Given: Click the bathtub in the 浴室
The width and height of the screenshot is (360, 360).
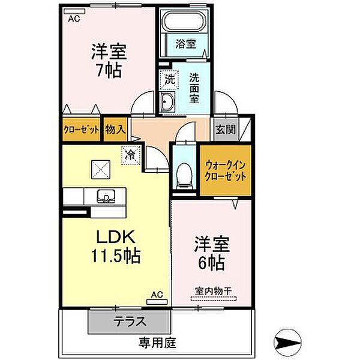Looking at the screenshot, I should point(184,23).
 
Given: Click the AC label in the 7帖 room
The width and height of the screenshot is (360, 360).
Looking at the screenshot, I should point(73,19).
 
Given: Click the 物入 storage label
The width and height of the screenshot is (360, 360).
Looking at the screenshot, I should point(115,130).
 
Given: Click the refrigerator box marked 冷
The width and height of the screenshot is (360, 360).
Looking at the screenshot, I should point(130,154).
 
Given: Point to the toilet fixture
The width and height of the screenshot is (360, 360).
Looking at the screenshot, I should point(185,174).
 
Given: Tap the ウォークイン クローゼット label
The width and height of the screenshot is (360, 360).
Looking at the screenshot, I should point(225,171).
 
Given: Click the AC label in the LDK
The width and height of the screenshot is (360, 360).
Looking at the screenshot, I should point(157,295).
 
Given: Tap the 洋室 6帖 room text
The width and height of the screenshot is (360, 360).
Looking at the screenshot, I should point(209,253).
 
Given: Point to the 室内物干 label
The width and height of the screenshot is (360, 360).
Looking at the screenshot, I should point(213,291).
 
